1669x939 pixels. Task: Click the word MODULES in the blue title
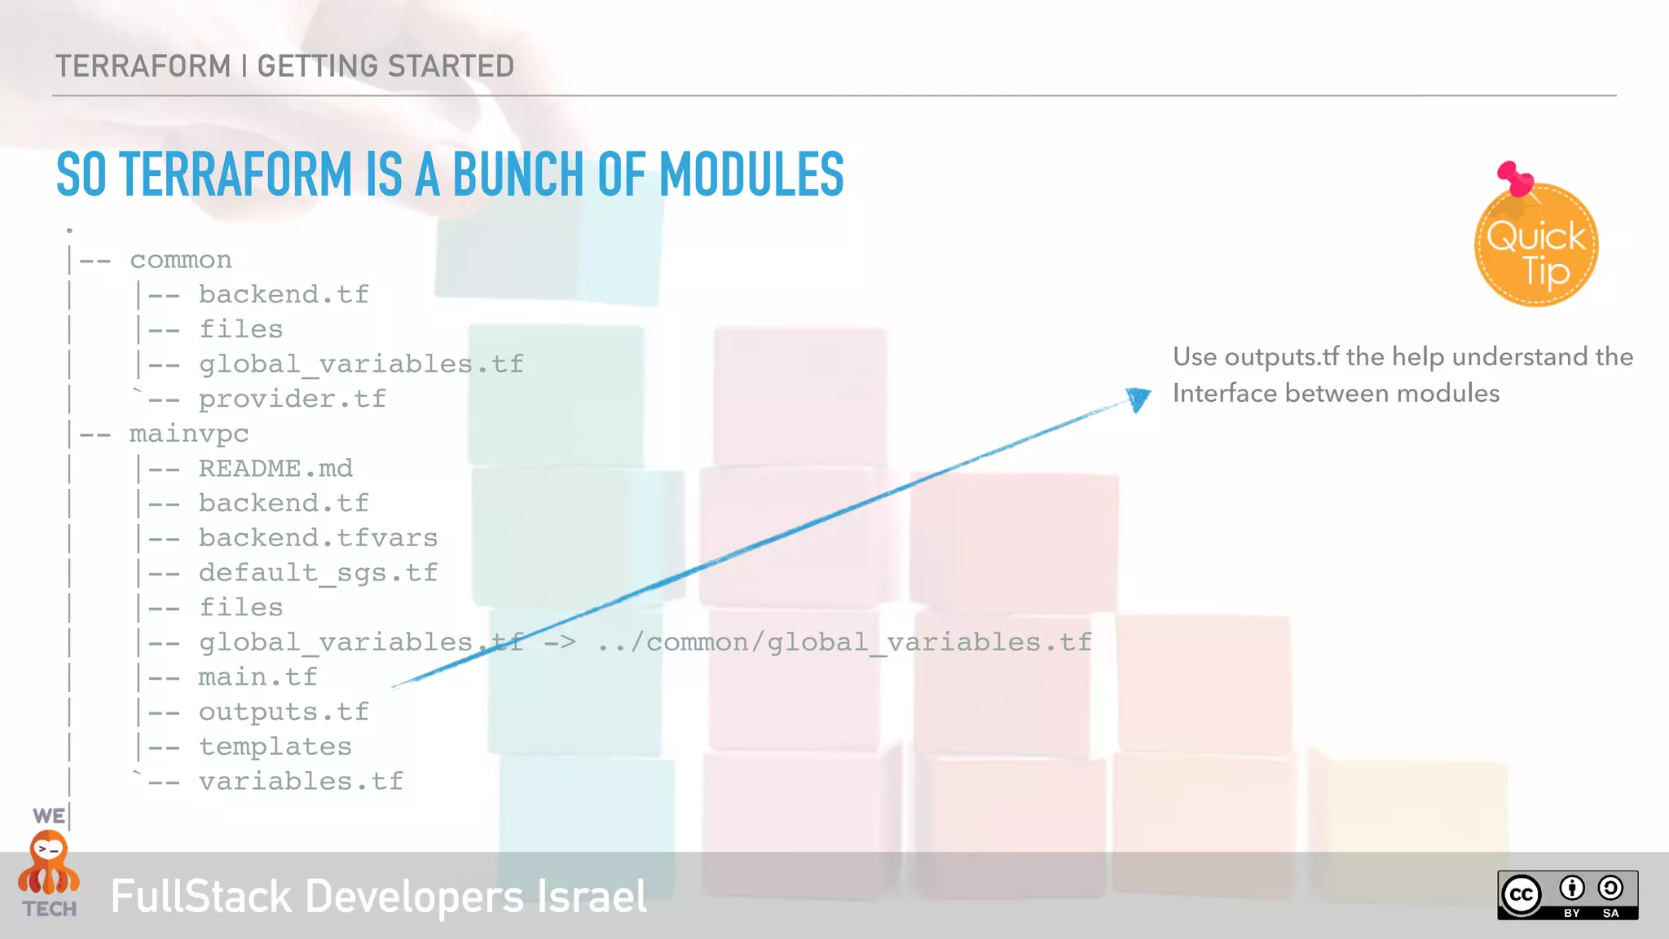click(751, 174)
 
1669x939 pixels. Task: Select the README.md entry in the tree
click(275, 469)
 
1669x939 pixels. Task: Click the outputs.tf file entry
click(284, 712)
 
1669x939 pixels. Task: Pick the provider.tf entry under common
click(292, 399)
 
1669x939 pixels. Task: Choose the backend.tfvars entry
click(318, 538)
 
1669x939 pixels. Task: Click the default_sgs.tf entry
click(318, 573)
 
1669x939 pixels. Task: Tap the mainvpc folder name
click(189, 434)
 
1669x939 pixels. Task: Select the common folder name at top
click(181, 260)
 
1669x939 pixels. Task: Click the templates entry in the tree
click(275, 747)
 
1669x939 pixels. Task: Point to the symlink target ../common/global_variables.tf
click(844, 642)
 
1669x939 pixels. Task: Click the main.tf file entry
click(258, 677)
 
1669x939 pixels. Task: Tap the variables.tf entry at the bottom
click(301, 782)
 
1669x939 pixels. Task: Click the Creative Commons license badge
click(1567, 895)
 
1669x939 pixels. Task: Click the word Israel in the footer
click(592, 897)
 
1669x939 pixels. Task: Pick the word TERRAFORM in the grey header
click(143, 66)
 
